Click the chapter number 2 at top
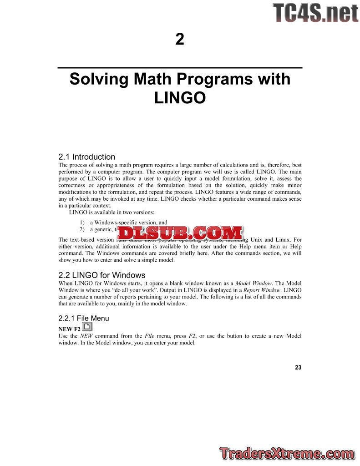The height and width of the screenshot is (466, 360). pos(180,40)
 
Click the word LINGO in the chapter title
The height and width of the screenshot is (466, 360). pos(180,97)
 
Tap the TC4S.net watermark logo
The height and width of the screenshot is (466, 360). pos(315,13)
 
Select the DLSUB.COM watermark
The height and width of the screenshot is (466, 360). pos(180,233)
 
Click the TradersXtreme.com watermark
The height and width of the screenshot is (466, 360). pos(287,454)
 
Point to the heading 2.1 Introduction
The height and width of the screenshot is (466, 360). pos(87,157)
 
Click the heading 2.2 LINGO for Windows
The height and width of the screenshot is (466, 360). pos(102,275)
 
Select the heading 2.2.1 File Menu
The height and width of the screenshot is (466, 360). pos(84,319)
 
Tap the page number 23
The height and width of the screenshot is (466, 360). pos(298,367)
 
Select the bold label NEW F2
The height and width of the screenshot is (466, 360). pos(70,329)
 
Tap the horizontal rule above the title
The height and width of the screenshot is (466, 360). pos(180,68)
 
